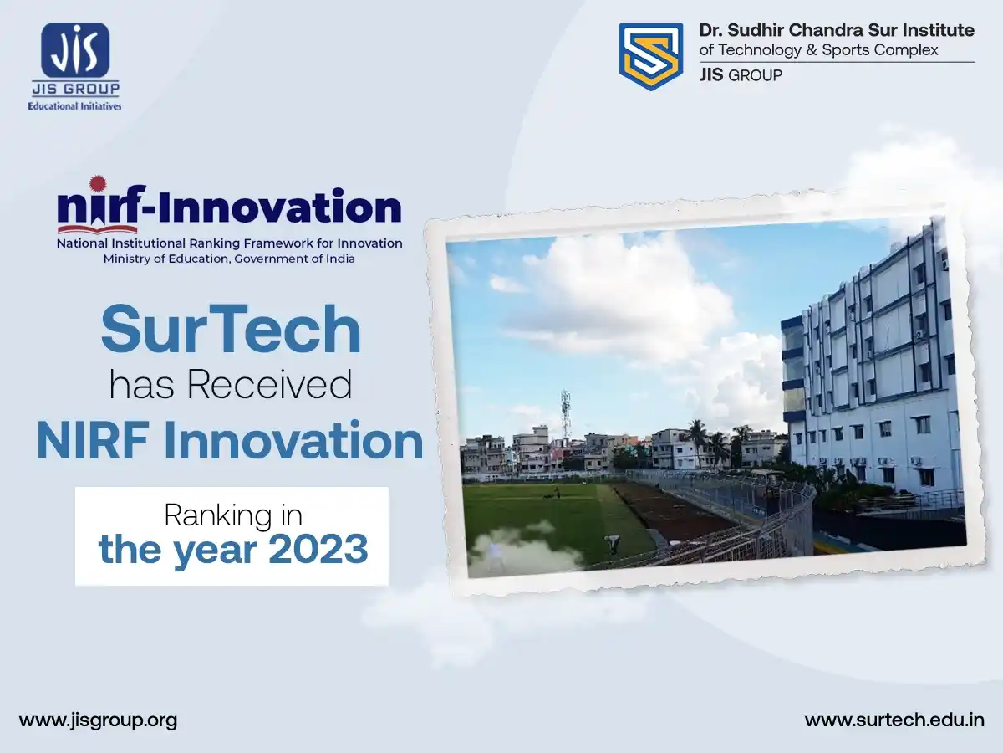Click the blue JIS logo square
point(75,50)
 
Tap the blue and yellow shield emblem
point(650,56)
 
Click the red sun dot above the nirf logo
point(98,184)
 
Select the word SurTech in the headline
point(232,329)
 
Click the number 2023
point(318,549)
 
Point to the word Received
point(270,385)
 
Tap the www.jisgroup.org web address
point(99,720)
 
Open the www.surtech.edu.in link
point(894,720)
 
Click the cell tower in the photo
point(565,414)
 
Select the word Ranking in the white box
point(215,515)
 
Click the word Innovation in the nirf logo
point(277,207)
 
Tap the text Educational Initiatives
point(75,106)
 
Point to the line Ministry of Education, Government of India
point(229,259)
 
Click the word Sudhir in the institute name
point(756,30)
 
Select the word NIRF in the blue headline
point(92,441)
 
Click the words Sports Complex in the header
point(880,50)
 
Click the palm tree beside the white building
point(698,439)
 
